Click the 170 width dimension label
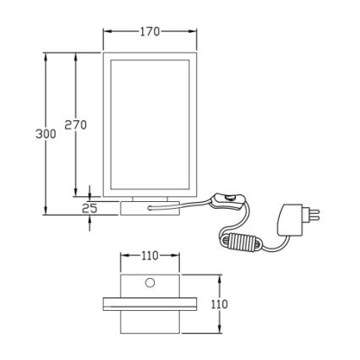[x=150, y=32]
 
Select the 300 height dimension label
[x=46, y=134]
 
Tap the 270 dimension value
[x=76, y=125]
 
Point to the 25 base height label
[x=90, y=207]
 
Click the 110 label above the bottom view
[x=150, y=255]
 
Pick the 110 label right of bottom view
[x=219, y=304]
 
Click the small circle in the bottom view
[x=150, y=281]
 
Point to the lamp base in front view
[x=150, y=207]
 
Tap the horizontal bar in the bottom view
[x=150, y=303]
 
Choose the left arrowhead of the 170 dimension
[x=106, y=32]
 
